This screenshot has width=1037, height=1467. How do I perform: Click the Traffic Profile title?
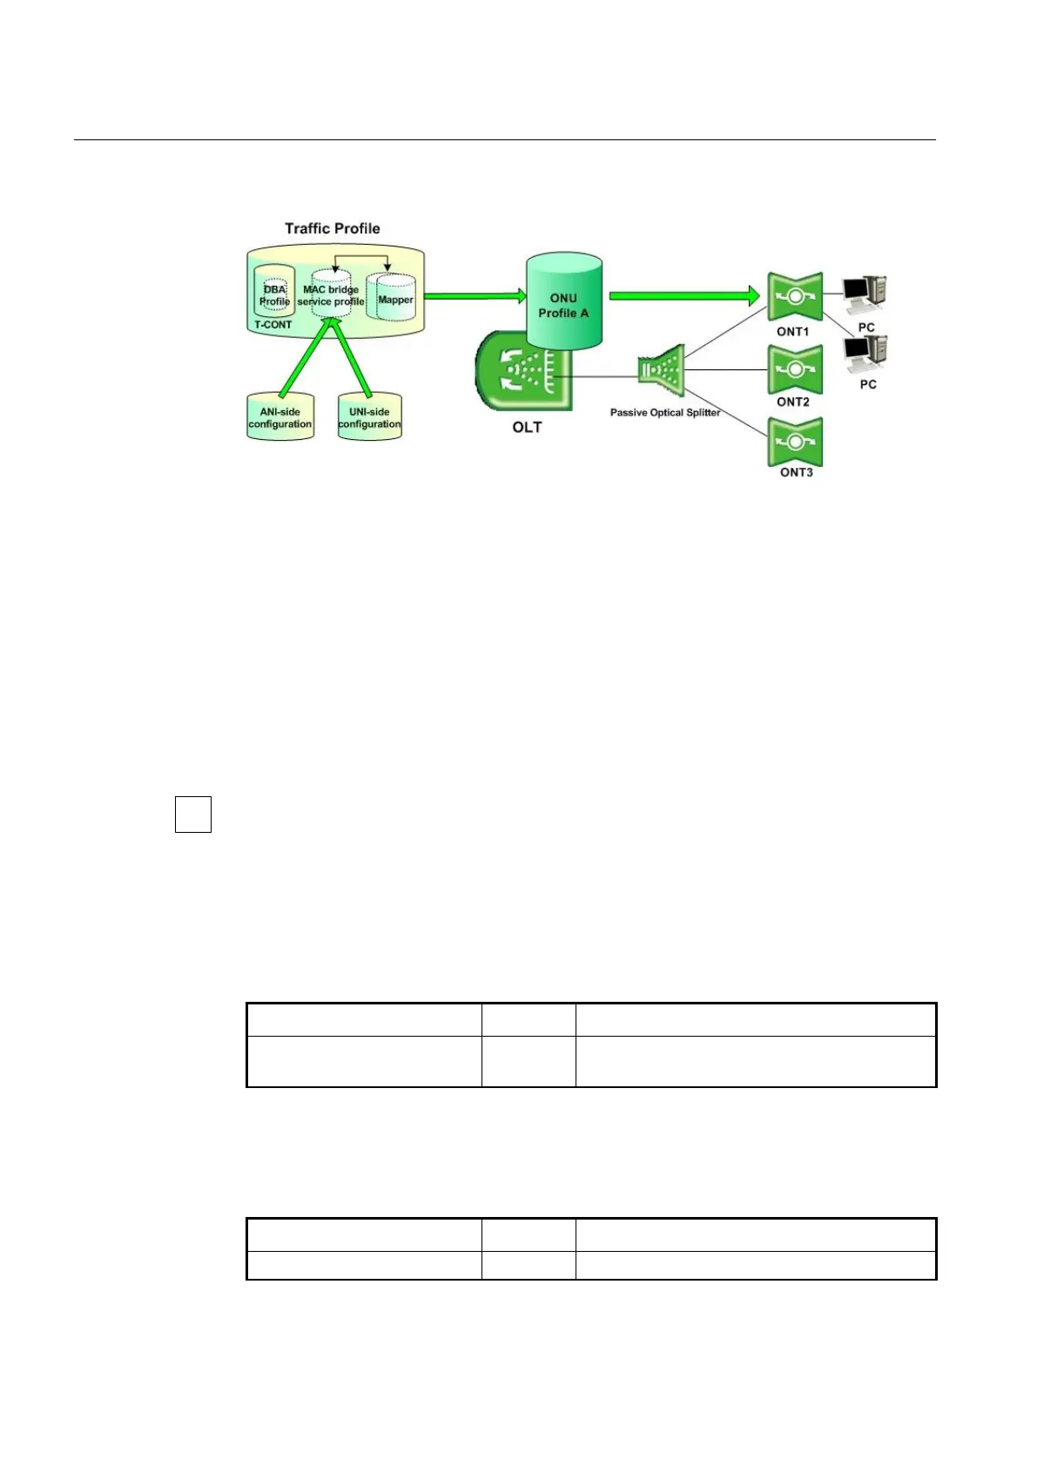click(333, 228)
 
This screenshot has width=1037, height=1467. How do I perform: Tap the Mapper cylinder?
click(394, 298)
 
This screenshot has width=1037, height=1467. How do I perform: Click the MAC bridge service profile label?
click(331, 295)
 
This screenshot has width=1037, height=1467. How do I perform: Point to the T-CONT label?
click(273, 325)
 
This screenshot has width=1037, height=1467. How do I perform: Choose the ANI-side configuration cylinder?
click(279, 418)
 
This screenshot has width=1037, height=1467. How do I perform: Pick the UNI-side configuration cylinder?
click(369, 418)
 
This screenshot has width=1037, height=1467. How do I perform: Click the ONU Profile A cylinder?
click(563, 302)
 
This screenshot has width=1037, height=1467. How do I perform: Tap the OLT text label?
click(527, 428)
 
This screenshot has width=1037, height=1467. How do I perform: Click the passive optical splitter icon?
click(662, 371)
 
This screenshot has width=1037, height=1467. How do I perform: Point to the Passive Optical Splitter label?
click(665, 413)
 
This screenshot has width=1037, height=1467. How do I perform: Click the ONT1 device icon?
click(794, 297)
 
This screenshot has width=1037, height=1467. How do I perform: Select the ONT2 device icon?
click(794, 369)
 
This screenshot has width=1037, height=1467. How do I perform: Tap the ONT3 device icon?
click(795, 442)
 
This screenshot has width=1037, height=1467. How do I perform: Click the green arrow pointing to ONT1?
click(683, 296)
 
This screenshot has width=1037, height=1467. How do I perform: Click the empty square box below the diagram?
click(193, 814)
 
